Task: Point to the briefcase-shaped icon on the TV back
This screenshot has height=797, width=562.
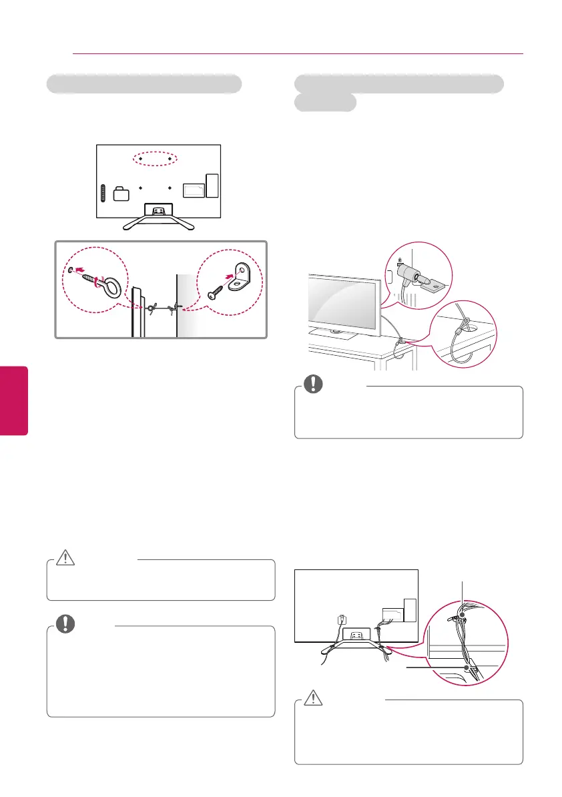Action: tap(121, 194)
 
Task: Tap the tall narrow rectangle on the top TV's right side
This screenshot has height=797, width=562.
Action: tap(212, 186)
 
